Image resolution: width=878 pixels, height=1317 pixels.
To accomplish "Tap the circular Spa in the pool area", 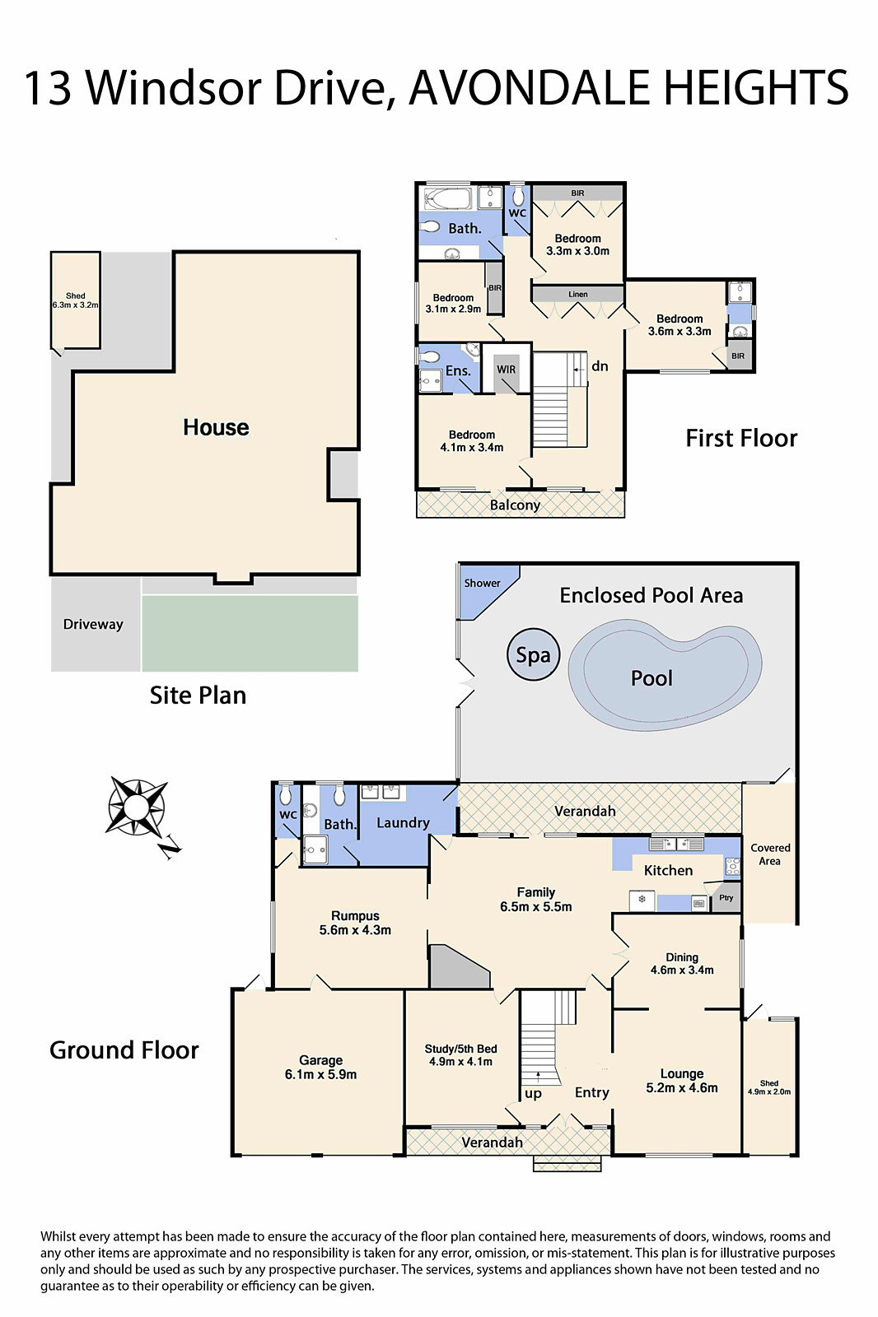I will pos(533,655).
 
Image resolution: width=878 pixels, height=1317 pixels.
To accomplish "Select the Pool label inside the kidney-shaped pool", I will pos(651,678).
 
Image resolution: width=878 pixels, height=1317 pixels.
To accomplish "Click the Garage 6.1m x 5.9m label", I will pos(320,1068).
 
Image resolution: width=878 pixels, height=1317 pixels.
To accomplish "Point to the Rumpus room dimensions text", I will pos(355,930).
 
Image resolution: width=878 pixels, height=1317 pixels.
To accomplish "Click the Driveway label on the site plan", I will pos(93,624).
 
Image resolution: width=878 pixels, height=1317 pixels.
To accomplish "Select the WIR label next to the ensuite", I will pos(506,370).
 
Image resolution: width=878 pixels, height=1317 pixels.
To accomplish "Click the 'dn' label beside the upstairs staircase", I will pos(600,366).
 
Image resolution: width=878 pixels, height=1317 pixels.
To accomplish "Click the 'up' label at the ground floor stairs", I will pos(533,1094).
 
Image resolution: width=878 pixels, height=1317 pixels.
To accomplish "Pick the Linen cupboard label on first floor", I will pos(577,294).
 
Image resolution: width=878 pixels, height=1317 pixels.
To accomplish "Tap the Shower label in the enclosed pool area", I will pos(482,583).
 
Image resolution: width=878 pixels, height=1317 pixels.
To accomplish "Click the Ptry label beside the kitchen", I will pos(726,897).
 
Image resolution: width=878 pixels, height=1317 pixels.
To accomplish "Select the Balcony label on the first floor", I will pos(515,505).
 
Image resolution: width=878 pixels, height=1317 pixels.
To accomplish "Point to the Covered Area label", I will pos(770,854).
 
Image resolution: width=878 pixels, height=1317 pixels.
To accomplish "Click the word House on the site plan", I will pos(216,427).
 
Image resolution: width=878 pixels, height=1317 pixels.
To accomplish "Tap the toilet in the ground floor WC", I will pos(286,794).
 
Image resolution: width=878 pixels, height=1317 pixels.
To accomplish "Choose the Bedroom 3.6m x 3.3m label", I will pos(680,325).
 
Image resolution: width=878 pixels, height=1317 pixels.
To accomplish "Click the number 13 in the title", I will pos(48,88).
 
